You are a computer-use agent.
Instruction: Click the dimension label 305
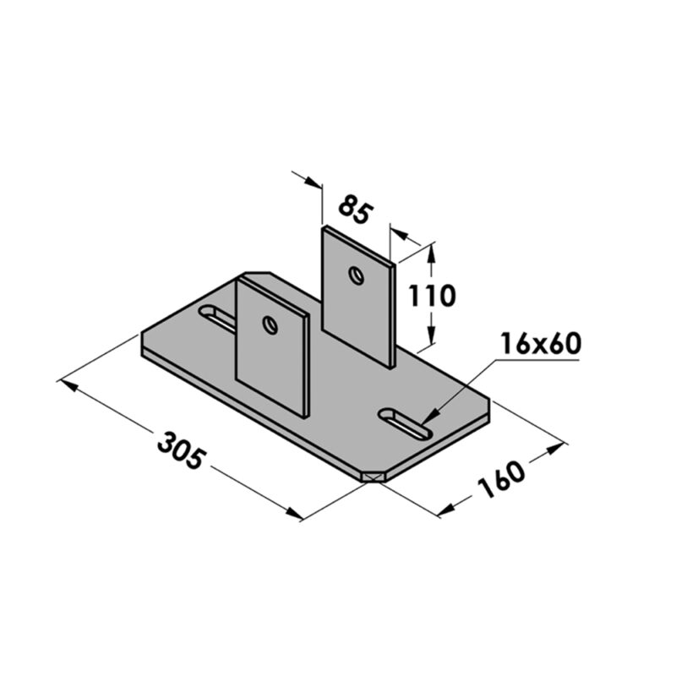(181, 447)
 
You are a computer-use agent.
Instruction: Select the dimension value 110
(431, 296)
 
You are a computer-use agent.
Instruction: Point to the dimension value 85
(355, 209)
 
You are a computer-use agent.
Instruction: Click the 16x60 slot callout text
(537, 345)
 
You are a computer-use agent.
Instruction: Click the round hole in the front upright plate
(270, 324)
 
